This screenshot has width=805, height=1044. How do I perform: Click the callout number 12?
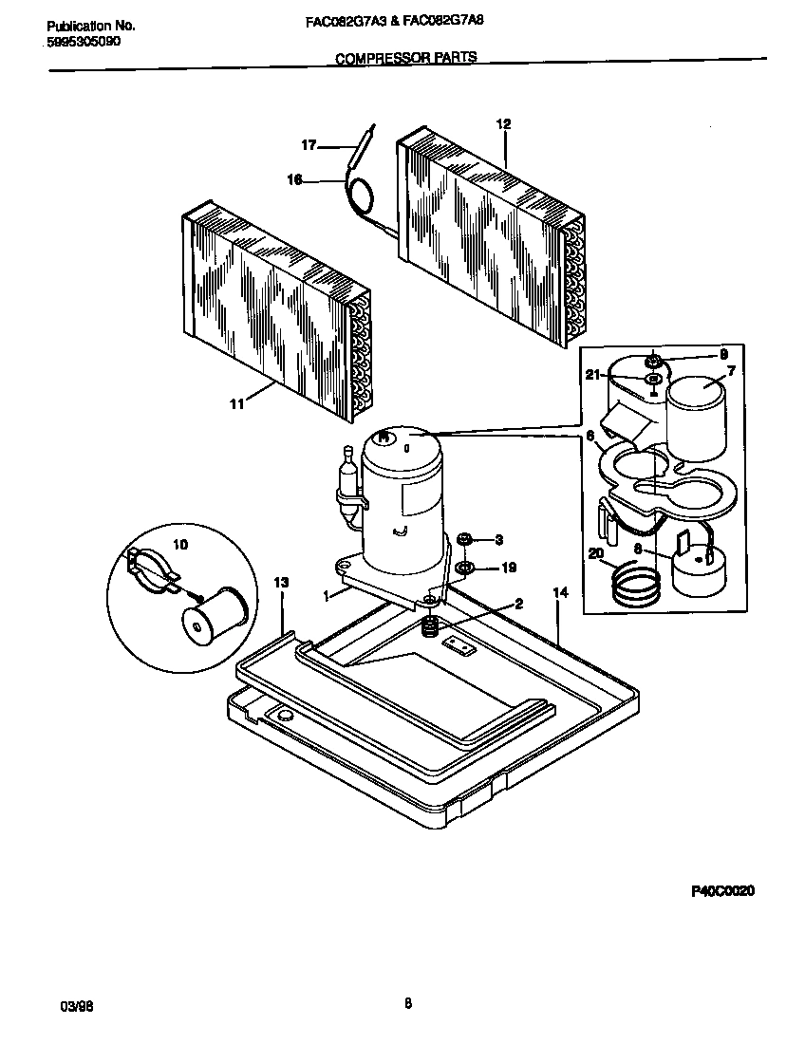(x=503, y=123)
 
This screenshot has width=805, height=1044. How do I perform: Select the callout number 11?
(x=236, y=403)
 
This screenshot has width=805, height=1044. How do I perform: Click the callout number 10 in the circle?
(x=180, y=544)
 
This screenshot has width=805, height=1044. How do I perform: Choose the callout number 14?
(x=560, y=592)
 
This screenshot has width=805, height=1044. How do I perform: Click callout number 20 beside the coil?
(x=596, y=555)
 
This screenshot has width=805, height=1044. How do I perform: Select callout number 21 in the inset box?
(x=592, y=376)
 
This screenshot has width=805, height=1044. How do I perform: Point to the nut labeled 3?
(x=465, y=539)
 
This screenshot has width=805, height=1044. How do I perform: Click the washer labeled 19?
(x=466, y=569)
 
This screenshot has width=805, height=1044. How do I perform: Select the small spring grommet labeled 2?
(x=431, y=626)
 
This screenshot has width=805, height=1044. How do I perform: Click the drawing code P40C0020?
(x=721, y=891)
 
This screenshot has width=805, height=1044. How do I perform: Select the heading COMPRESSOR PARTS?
(x=406, y=58)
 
